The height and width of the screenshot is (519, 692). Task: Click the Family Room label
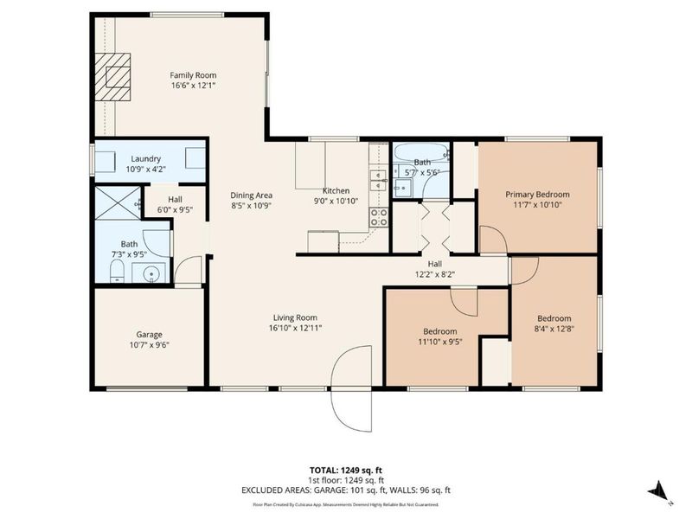(x=192, y=75)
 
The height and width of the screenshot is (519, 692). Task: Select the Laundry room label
(x=146, y=159)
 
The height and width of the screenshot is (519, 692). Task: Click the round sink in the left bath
(x=152, y=273)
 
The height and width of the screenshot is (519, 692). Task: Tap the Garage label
(x=149, y=334)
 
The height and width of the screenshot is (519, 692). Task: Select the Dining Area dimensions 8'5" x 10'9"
(x=252, y=206)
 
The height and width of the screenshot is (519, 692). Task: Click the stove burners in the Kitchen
(x=379, y=217)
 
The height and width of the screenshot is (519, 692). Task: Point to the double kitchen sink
(x=378, y=180)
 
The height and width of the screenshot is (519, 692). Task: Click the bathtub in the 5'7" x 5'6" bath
(x=420, y=153)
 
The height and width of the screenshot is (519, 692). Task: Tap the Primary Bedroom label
(x=537, y=195)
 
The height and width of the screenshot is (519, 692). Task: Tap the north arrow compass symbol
(x=658, y=490)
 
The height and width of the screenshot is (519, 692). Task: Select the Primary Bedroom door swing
(x=491, y=240)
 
